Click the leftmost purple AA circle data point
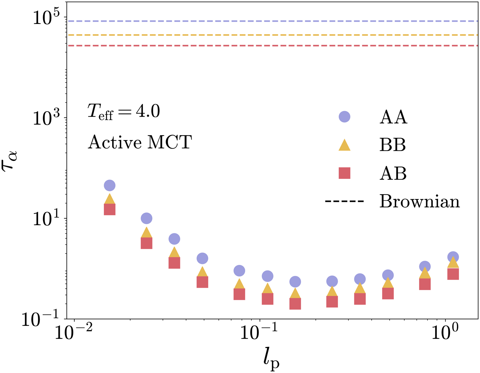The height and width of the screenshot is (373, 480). point(110,185)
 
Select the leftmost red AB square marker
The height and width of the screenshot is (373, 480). point(110,209)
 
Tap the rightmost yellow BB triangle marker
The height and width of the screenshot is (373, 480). point(453,263)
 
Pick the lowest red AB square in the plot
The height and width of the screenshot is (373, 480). point(295,304)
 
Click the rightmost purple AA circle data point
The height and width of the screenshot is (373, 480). point(453,257)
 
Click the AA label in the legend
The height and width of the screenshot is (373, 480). point(393,117)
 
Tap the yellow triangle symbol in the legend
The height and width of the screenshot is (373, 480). point(344,145)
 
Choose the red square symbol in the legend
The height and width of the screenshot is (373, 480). point(344,173)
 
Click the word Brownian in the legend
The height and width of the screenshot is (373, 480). point(420,201)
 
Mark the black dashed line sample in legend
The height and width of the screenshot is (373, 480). point(344,202)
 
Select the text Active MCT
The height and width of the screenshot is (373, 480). point(140,142)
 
